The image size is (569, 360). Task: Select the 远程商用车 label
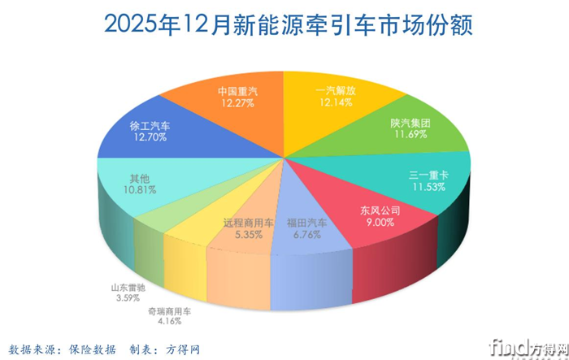(248, 223)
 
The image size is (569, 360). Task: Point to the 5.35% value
(248, 235)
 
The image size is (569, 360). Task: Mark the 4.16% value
(169, 323)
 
